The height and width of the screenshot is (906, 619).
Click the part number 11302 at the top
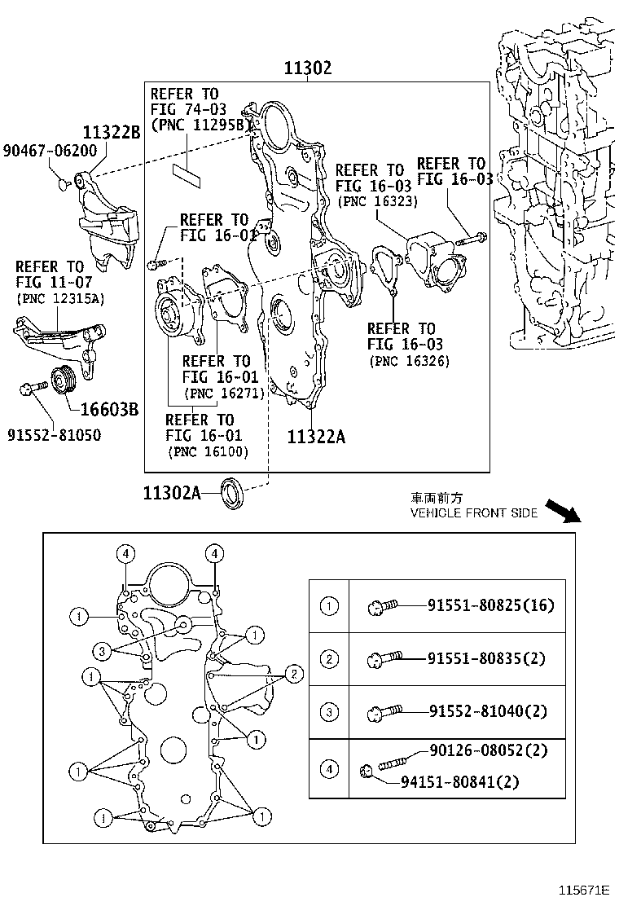[x=307, y=68]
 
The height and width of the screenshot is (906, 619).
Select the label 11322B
[x=111, y=133]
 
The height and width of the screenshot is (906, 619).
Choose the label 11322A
[x=316, y=437]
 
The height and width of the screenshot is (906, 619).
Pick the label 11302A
[x=171, y=493]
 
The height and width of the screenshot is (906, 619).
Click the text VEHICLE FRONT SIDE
[x=473, y=513]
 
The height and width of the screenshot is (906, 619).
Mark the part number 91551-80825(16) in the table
[x=491, y=605]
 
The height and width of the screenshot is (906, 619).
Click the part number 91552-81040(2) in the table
[x=488, y=711]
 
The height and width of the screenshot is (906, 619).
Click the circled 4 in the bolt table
[x=329, y=768]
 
